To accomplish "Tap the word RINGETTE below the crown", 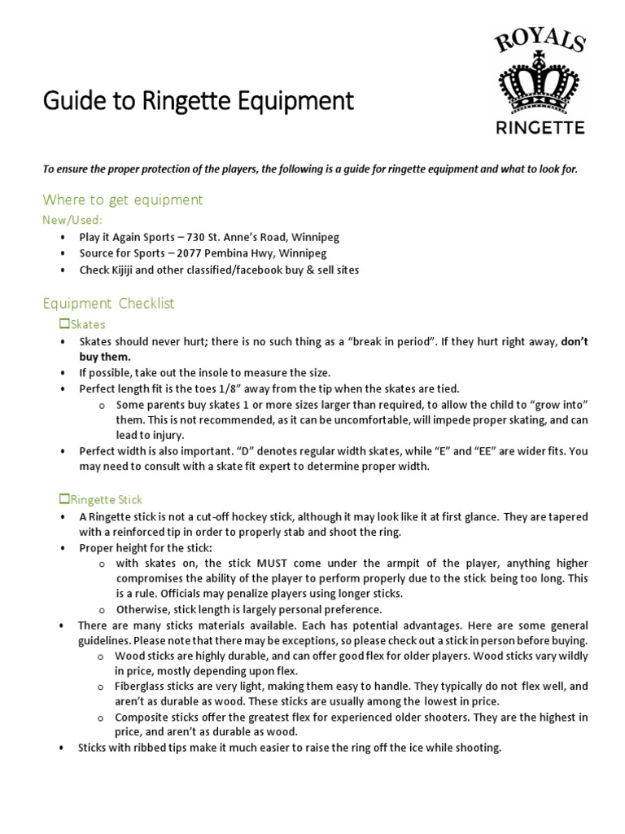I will tap(540, 127).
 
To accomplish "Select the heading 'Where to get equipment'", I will tap(123, 200).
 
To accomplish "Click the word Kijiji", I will tap(126, 270).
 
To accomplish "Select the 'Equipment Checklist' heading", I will tap(109, 304).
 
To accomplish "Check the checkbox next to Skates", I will tap(65, 324).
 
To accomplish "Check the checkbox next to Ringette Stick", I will tap(65, 498).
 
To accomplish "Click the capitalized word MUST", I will tap(274, 564).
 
